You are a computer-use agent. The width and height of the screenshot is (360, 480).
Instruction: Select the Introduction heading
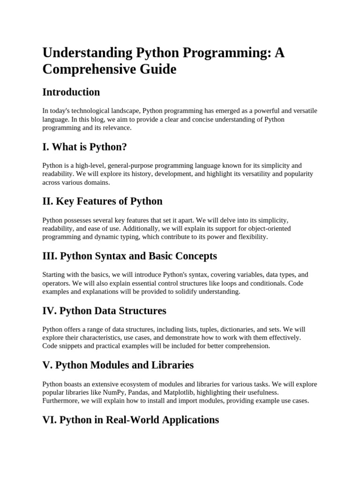pos(71,92)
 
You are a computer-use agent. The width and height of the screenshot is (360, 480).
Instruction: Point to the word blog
pos(98,119)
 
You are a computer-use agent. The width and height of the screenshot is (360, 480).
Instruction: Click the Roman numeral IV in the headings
pos(49,311)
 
